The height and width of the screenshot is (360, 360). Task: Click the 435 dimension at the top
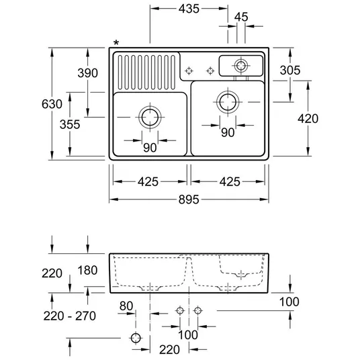coord(189,9)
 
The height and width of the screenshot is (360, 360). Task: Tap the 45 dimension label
coord(241,17)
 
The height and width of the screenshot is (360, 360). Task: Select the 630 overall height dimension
coord(52,104)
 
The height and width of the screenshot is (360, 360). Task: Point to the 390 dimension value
coord(88,73)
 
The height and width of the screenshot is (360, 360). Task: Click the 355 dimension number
coord(70,124)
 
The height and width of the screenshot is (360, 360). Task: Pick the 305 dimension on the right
coord(290,71)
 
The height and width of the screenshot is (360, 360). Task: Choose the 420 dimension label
coord(308,119)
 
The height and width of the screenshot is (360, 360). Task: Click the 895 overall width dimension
coord(189,199)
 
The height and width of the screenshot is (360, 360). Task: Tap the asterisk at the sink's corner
coord(116,43)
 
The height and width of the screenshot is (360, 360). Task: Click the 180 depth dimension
coord(87,270)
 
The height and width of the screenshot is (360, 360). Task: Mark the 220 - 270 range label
coord(70,316)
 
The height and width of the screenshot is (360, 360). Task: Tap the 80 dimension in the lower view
coord(126,306)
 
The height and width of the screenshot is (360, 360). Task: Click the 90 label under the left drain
coord(150,147)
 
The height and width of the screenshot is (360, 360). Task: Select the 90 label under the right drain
coord(228,132)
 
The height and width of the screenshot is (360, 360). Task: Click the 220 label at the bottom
coord(169,350)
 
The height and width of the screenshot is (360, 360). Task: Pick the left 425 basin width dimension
coord(148,182)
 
